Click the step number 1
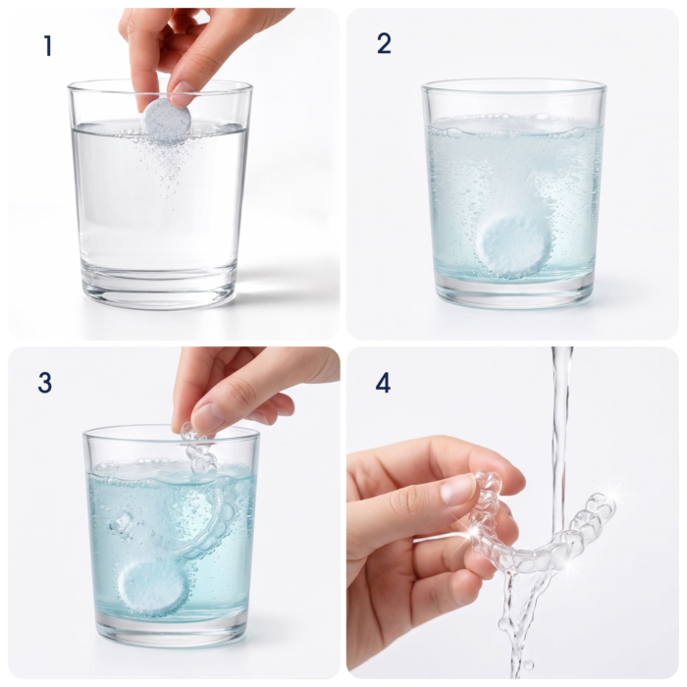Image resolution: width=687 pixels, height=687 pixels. pos(48,45)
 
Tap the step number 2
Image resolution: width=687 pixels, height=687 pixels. pos(384,43)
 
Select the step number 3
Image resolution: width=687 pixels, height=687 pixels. pos(44,382)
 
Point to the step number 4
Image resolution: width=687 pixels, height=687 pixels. pos(383,384)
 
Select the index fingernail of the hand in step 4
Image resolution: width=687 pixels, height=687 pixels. pos(457,489)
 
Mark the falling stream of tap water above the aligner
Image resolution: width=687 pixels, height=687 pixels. pos(560,438)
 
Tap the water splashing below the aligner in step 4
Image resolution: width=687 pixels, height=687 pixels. pos(521,622)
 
